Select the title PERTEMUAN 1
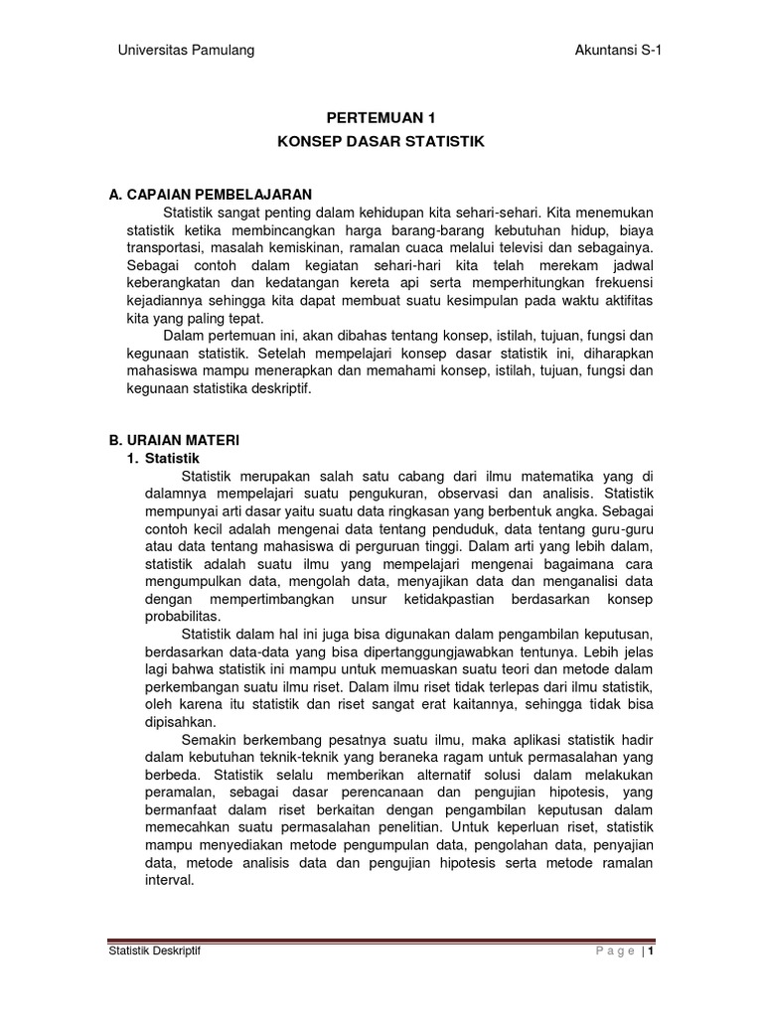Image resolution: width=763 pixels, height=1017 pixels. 381,117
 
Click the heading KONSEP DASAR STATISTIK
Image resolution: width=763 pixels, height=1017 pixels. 381,142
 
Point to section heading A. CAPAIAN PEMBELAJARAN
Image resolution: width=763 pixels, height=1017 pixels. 211,193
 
